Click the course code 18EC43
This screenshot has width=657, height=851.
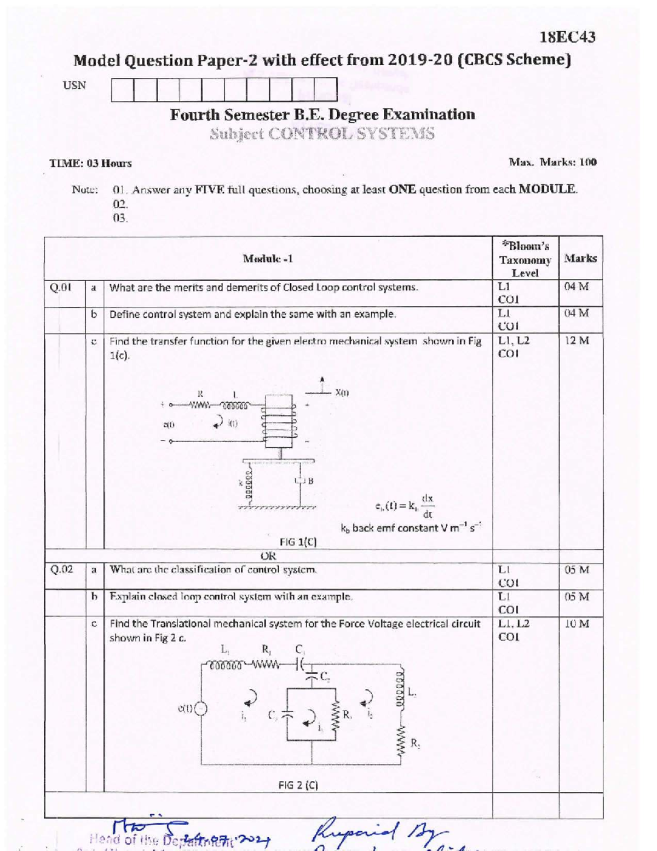tap(567, 37)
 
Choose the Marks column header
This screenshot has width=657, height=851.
tap(580, 258)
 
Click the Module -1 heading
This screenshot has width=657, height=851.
tap(268, 259)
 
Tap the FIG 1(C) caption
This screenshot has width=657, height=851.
tap(298, 542)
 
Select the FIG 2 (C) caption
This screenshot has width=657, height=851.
tap(298, 785)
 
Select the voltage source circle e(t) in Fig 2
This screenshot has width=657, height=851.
tap(202, 708)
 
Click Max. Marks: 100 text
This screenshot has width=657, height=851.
tap(552, 162)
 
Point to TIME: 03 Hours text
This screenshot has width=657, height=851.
tap(90, 163)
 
